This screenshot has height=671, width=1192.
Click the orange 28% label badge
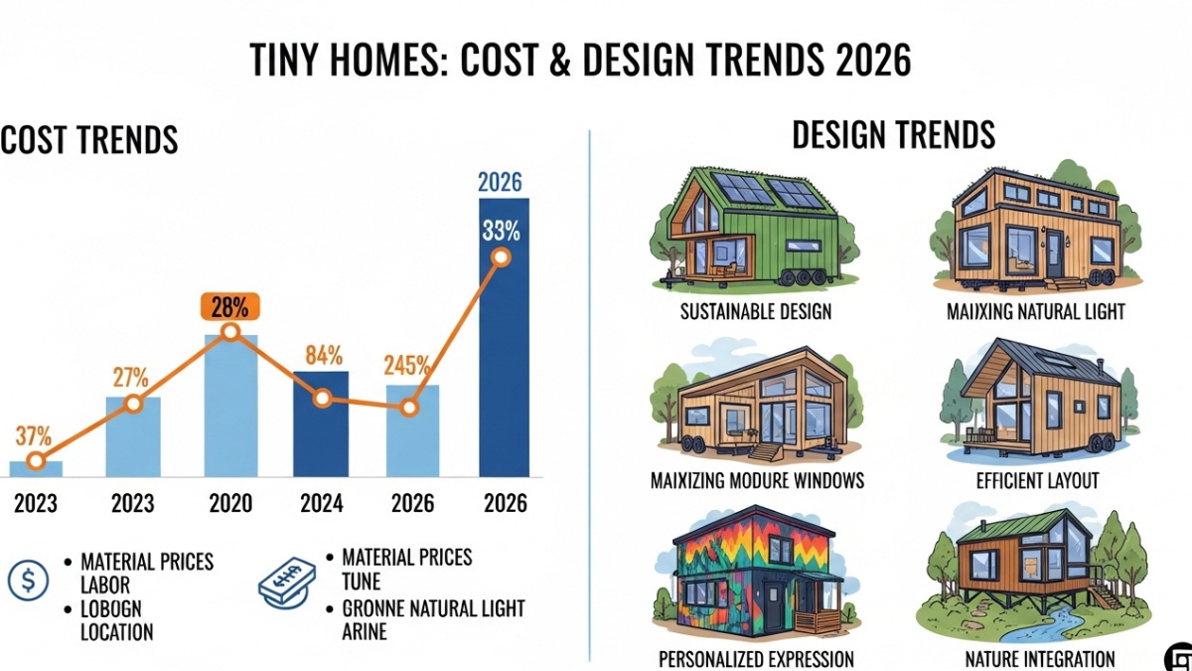coord(230,306)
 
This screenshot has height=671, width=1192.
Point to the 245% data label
coord(407,365)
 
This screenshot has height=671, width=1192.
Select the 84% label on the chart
coord(324,356)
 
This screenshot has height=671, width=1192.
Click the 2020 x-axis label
coord(230,504)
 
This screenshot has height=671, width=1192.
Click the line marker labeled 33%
coord(501,257)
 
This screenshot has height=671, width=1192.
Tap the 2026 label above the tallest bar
coord(500,182)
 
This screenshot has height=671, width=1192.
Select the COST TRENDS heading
coord(89,140)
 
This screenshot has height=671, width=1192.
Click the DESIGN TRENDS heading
coord(893,134)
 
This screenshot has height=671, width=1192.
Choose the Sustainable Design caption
coord(756,311)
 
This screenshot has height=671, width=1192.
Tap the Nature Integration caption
coord(1040,658)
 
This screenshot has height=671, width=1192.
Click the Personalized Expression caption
coord(756,658)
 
